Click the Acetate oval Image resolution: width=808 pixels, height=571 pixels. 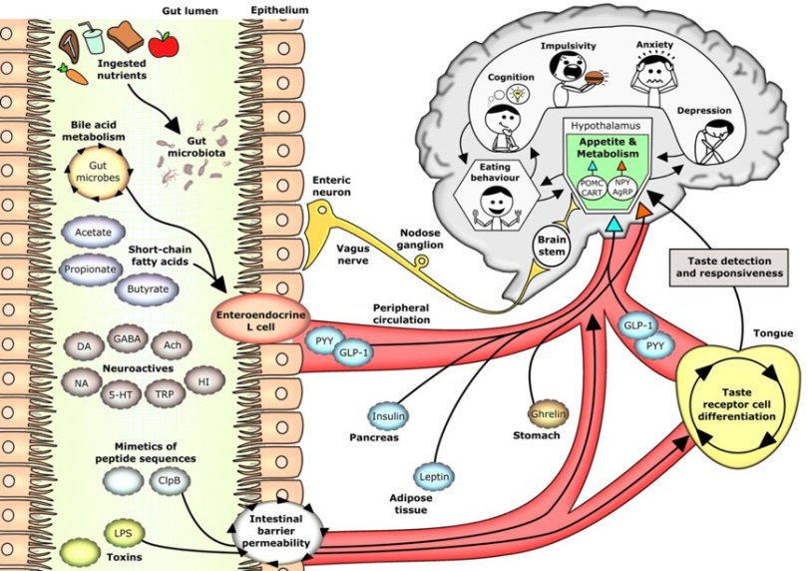[92, 232]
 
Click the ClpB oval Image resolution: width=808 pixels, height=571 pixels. [168, 480]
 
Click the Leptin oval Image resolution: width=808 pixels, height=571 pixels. [436, 478]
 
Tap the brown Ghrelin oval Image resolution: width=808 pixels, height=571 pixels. [547, 411]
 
